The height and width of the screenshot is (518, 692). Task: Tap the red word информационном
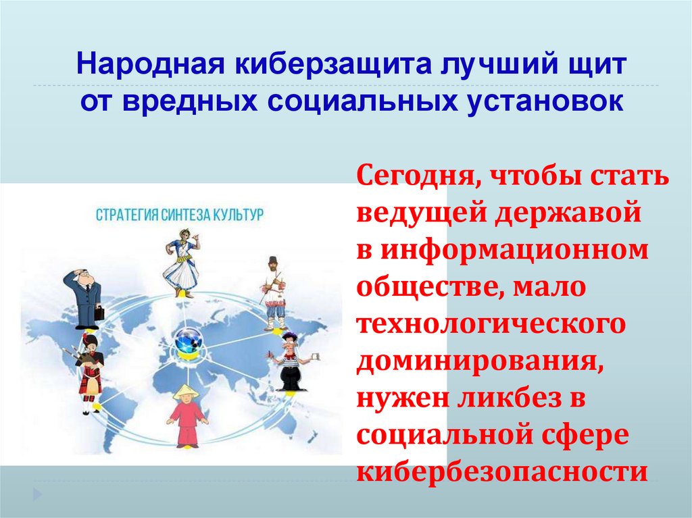[514, 251]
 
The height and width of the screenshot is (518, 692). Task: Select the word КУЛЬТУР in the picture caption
[237, 215]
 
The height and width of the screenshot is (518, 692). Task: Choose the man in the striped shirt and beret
[290, 361]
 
